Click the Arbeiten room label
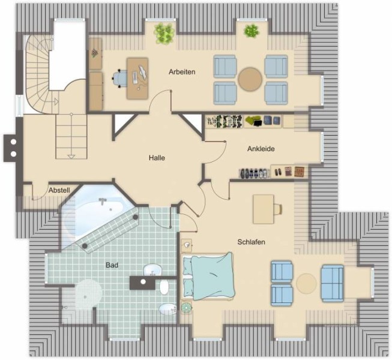pyautogui.click(x=182, y=72)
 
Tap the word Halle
pyautogui.click(x=157, y=158)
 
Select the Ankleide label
pyautogui.click(x=261, y=149)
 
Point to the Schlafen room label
pyautogui.click(x=251, y=242)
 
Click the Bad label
pyautogui.click(x=112, y=265)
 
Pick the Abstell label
pyautogui.click(x=59, y=190)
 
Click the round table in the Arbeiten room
pyautogui.click(x=250, y=79)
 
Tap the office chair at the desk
pyautogui.click(x=119, y=79)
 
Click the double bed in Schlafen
pyautogui.click(x=208, y=276)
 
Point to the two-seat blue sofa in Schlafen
pyautogui.click(x=332, y=283)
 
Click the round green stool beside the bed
pyautogui.click(x=186, y=307)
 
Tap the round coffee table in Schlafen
pyautogui.click(x=307, y=284)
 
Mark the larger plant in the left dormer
pyautogui.click(x=164, y=33)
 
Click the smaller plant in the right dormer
pyautogui.click(x=252, y=31)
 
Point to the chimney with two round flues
pyautogui.click(x=13, y=148)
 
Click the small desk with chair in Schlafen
pyautogui.click(x=267, y=209)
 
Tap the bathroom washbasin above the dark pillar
pyautogui.click(x=152, y=271)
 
